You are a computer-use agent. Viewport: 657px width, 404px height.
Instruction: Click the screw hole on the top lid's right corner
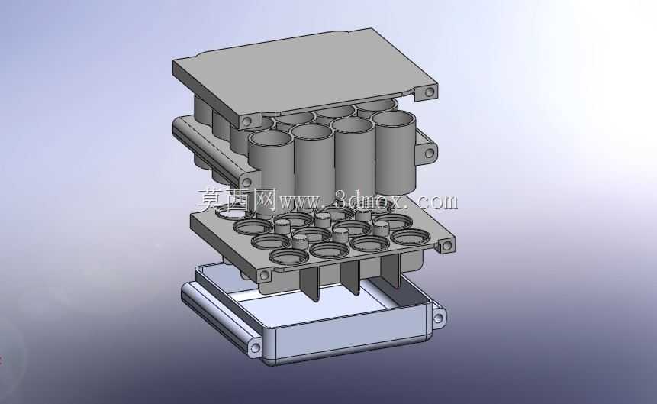pos(430,92)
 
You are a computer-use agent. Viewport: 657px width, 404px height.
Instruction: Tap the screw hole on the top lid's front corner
pos(246,121)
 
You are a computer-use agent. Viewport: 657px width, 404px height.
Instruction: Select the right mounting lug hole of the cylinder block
pos(429,153)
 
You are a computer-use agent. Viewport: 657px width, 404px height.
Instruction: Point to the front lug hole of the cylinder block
pos(246,183)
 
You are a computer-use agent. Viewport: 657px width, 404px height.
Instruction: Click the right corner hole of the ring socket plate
pos(446,245)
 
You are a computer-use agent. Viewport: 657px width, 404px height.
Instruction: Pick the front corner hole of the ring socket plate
pos(264,276)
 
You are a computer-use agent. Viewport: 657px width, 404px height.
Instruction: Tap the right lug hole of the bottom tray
pos(438,318)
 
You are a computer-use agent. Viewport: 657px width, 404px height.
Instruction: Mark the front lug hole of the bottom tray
pos(255,348)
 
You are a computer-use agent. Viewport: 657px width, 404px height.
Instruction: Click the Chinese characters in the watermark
pos(237,199)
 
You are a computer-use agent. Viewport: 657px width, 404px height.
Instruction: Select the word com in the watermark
pos(438,202)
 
